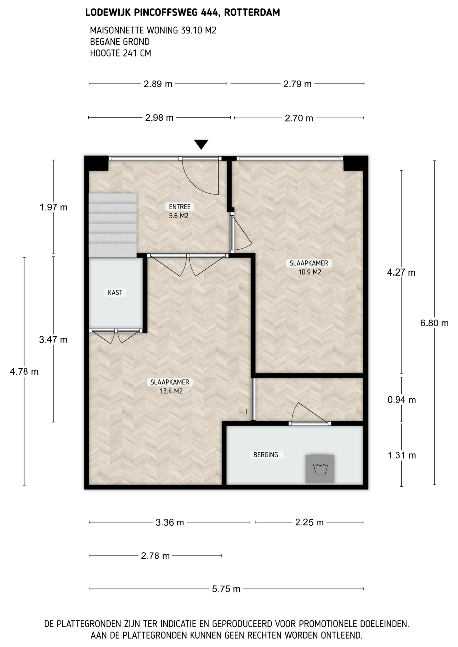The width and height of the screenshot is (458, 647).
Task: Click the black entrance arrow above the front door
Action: coord(201,144)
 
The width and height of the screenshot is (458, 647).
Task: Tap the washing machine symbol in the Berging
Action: coord(320,468)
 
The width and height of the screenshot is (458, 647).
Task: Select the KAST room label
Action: coord(115,292)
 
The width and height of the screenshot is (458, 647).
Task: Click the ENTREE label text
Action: coord(180,207)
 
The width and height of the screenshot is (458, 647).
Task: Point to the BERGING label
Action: coord(266,455)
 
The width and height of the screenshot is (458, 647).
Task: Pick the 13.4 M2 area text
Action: coord(171,391)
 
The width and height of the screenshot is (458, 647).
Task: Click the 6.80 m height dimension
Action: coord(434,323)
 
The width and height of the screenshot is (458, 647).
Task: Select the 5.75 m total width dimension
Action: coord(226,589)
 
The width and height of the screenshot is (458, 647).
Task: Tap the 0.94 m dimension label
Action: coord(402,400)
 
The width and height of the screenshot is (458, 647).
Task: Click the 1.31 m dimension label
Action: coord(402,455)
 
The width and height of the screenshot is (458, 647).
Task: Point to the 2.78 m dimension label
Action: coord(155,556)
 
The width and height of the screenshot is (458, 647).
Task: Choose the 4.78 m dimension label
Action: coord(24,371)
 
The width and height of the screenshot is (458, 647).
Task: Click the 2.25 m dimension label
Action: coord(309,522)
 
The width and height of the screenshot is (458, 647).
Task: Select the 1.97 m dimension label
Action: coord(53,207)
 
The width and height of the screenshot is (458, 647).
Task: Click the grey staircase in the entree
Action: coord(113,225)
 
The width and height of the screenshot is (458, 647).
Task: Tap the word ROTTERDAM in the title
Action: coord(252,12)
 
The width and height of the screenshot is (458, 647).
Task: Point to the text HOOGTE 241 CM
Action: coord(120,53)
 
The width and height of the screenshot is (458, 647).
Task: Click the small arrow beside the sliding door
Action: coord(247,411)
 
